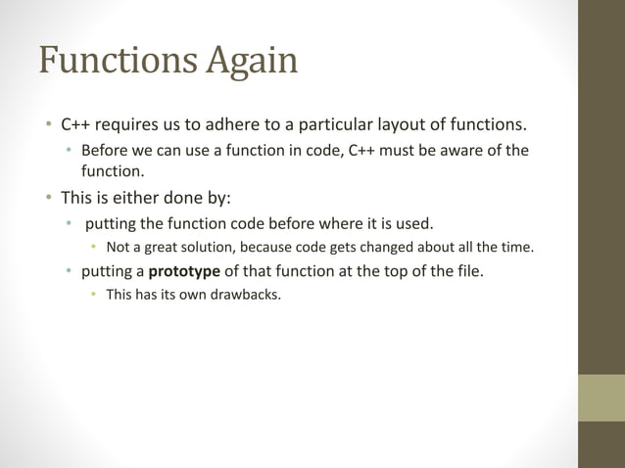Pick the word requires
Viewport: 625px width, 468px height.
pyautogui.click(x=133, y=125)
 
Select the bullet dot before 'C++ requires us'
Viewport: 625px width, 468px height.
pyautogui.click(x=46, y=125)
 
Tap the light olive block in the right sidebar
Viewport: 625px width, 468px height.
pyautogui.click(x=601, y=398)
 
